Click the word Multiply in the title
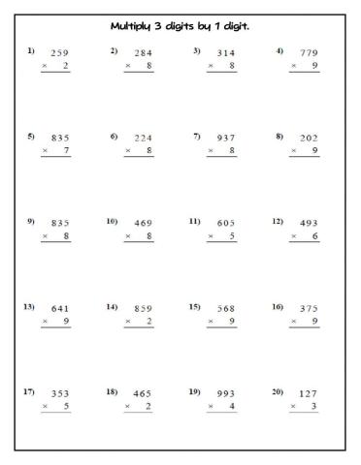pos(135,23)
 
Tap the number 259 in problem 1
pos(59,53)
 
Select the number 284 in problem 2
pos(143,53)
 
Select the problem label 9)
pos(31,221)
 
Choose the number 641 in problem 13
pos(59,309)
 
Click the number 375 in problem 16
pos(309,309)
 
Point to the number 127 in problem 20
pos(309,394)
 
